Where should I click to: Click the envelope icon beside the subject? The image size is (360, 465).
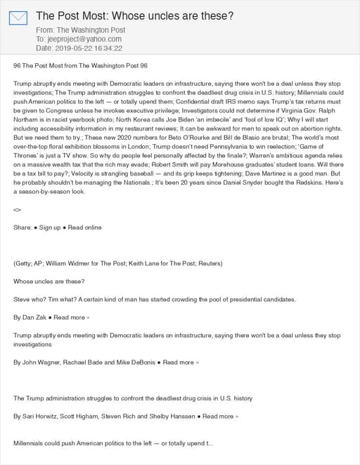(18, 19)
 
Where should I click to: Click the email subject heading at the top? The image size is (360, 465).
(134, 15)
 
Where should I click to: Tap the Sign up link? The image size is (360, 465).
(49, 228)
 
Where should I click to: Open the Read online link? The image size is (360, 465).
(85, 228)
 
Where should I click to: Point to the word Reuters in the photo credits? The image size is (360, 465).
(209, 263)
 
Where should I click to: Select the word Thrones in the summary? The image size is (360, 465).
(31, 157)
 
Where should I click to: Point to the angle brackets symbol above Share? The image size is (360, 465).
(18, 209)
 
